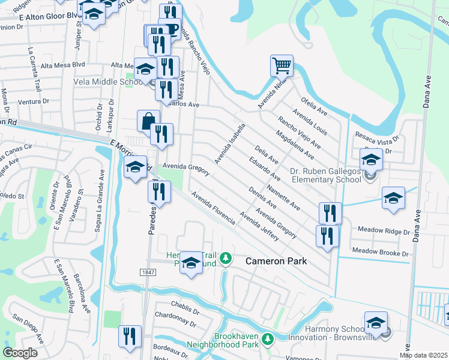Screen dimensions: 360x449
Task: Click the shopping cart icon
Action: (x=281, y=64)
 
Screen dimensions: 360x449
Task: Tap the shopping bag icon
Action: (x=148, y=121)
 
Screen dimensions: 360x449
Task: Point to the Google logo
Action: (x=19, y=353)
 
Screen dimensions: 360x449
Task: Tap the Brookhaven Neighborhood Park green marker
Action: (x=267, y=341)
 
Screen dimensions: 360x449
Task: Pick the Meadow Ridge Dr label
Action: (x=383, y=230)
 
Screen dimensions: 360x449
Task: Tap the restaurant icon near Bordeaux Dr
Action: (x=130, y=336)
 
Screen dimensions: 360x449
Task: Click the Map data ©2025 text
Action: (x=423, y=355)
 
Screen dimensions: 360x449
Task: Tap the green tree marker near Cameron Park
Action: (x=226, y=259)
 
